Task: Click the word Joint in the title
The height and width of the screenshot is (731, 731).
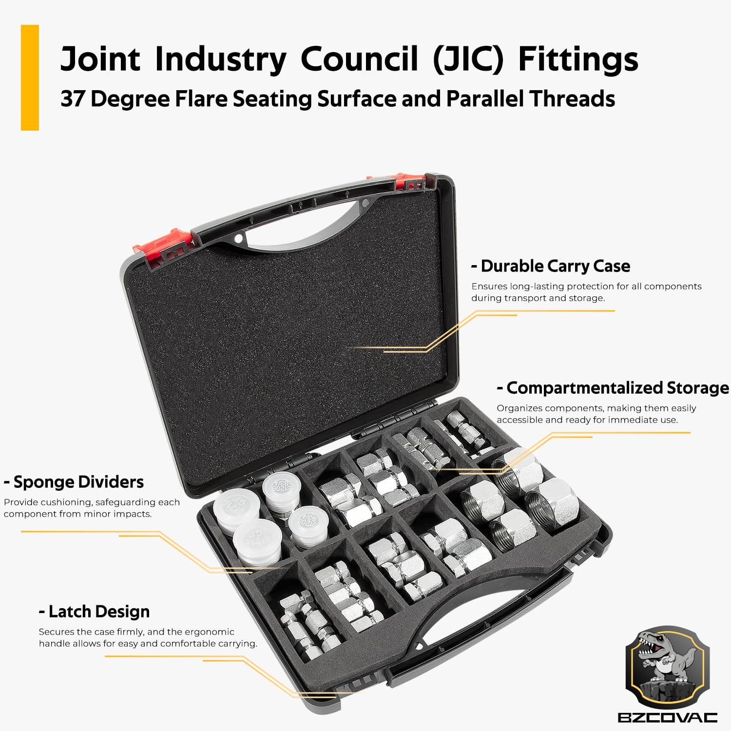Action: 100,59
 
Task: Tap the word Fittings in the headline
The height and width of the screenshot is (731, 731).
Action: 578,59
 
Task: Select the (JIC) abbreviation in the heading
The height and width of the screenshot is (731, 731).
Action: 468,59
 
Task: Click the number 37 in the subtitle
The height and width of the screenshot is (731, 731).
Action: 73,99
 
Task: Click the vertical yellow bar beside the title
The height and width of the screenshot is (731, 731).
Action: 30,77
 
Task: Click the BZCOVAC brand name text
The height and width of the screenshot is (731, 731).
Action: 667,717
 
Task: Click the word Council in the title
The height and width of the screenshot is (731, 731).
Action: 359,59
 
